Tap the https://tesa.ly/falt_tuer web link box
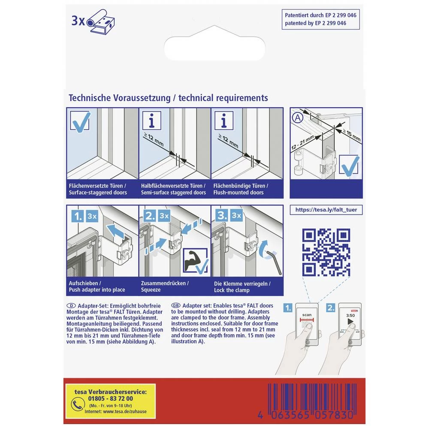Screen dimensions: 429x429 coord(326,210)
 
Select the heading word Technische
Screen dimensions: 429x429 coord(92,98)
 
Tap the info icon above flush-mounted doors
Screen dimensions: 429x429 coord(224,121)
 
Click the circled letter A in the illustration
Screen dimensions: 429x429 coord(296,117)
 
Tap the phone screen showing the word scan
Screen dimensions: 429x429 coord(307,324)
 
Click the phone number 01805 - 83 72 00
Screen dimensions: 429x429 coord(110,398)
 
